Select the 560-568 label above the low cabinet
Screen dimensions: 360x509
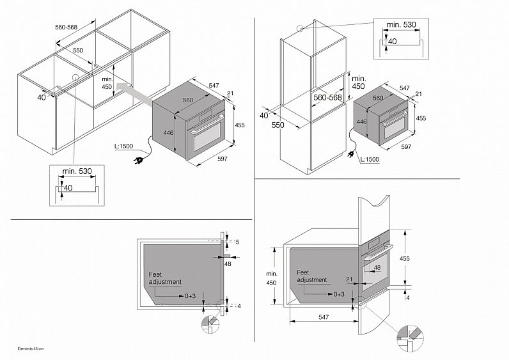click(67, 28)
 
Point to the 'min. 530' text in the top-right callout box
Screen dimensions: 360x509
click(401, 24)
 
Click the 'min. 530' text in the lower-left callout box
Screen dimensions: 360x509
click(76, 171)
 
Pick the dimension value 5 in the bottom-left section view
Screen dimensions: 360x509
click(237, 242)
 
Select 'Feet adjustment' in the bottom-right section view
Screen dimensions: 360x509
click(312, 276)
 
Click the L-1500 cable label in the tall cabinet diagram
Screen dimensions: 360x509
click(369, 159)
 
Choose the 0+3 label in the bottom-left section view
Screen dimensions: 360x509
click(191, 296)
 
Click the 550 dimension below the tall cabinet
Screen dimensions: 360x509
click(278, 125)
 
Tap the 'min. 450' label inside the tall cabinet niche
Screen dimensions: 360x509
click(358, 81)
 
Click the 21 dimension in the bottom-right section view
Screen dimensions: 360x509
click(349, 279)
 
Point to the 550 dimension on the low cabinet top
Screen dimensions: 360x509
click(77, 50)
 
